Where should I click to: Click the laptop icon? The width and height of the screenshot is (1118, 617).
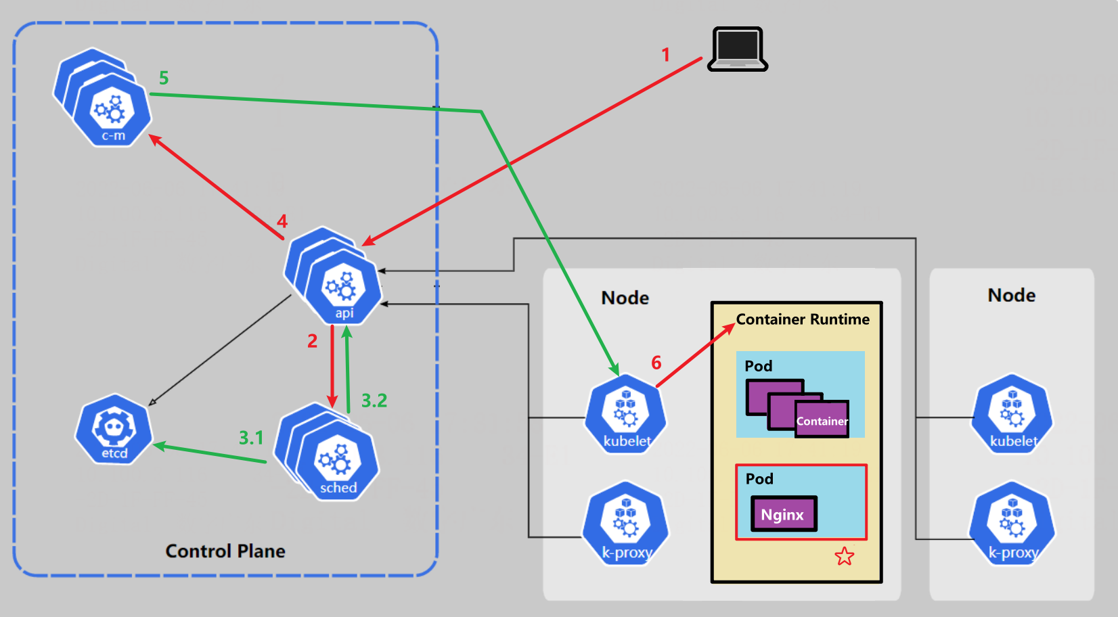[738, 49]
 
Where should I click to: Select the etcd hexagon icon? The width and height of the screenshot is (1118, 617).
[114, 429]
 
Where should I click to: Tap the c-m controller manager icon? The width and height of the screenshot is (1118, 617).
[112, 112]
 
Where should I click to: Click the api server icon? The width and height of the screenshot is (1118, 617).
[343, 288]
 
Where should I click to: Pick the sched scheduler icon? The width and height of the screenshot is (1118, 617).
[337, 463]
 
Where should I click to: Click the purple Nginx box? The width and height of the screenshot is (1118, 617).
[784, 514]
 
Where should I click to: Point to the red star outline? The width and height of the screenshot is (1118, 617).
[844, 556]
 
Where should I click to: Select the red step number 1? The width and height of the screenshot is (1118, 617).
[666, 55]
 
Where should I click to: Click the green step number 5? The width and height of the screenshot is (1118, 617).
[164, 78]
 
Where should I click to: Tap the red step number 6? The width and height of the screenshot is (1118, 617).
[656, 363]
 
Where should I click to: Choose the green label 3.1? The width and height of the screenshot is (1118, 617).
[251, 438]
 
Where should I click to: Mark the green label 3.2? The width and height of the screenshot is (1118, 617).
[374, 401]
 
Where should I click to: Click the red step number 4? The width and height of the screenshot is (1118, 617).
[282, 222]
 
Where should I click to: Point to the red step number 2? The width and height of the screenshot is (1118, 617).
[312, 341]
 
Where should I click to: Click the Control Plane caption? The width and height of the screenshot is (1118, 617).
[225, 551]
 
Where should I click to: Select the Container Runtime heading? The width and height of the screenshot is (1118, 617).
[803, 319]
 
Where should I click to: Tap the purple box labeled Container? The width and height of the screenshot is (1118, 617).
[822, 420]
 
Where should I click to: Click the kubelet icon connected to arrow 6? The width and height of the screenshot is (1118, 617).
[626, 413]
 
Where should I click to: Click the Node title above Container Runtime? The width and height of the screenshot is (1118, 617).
[625, 298]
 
